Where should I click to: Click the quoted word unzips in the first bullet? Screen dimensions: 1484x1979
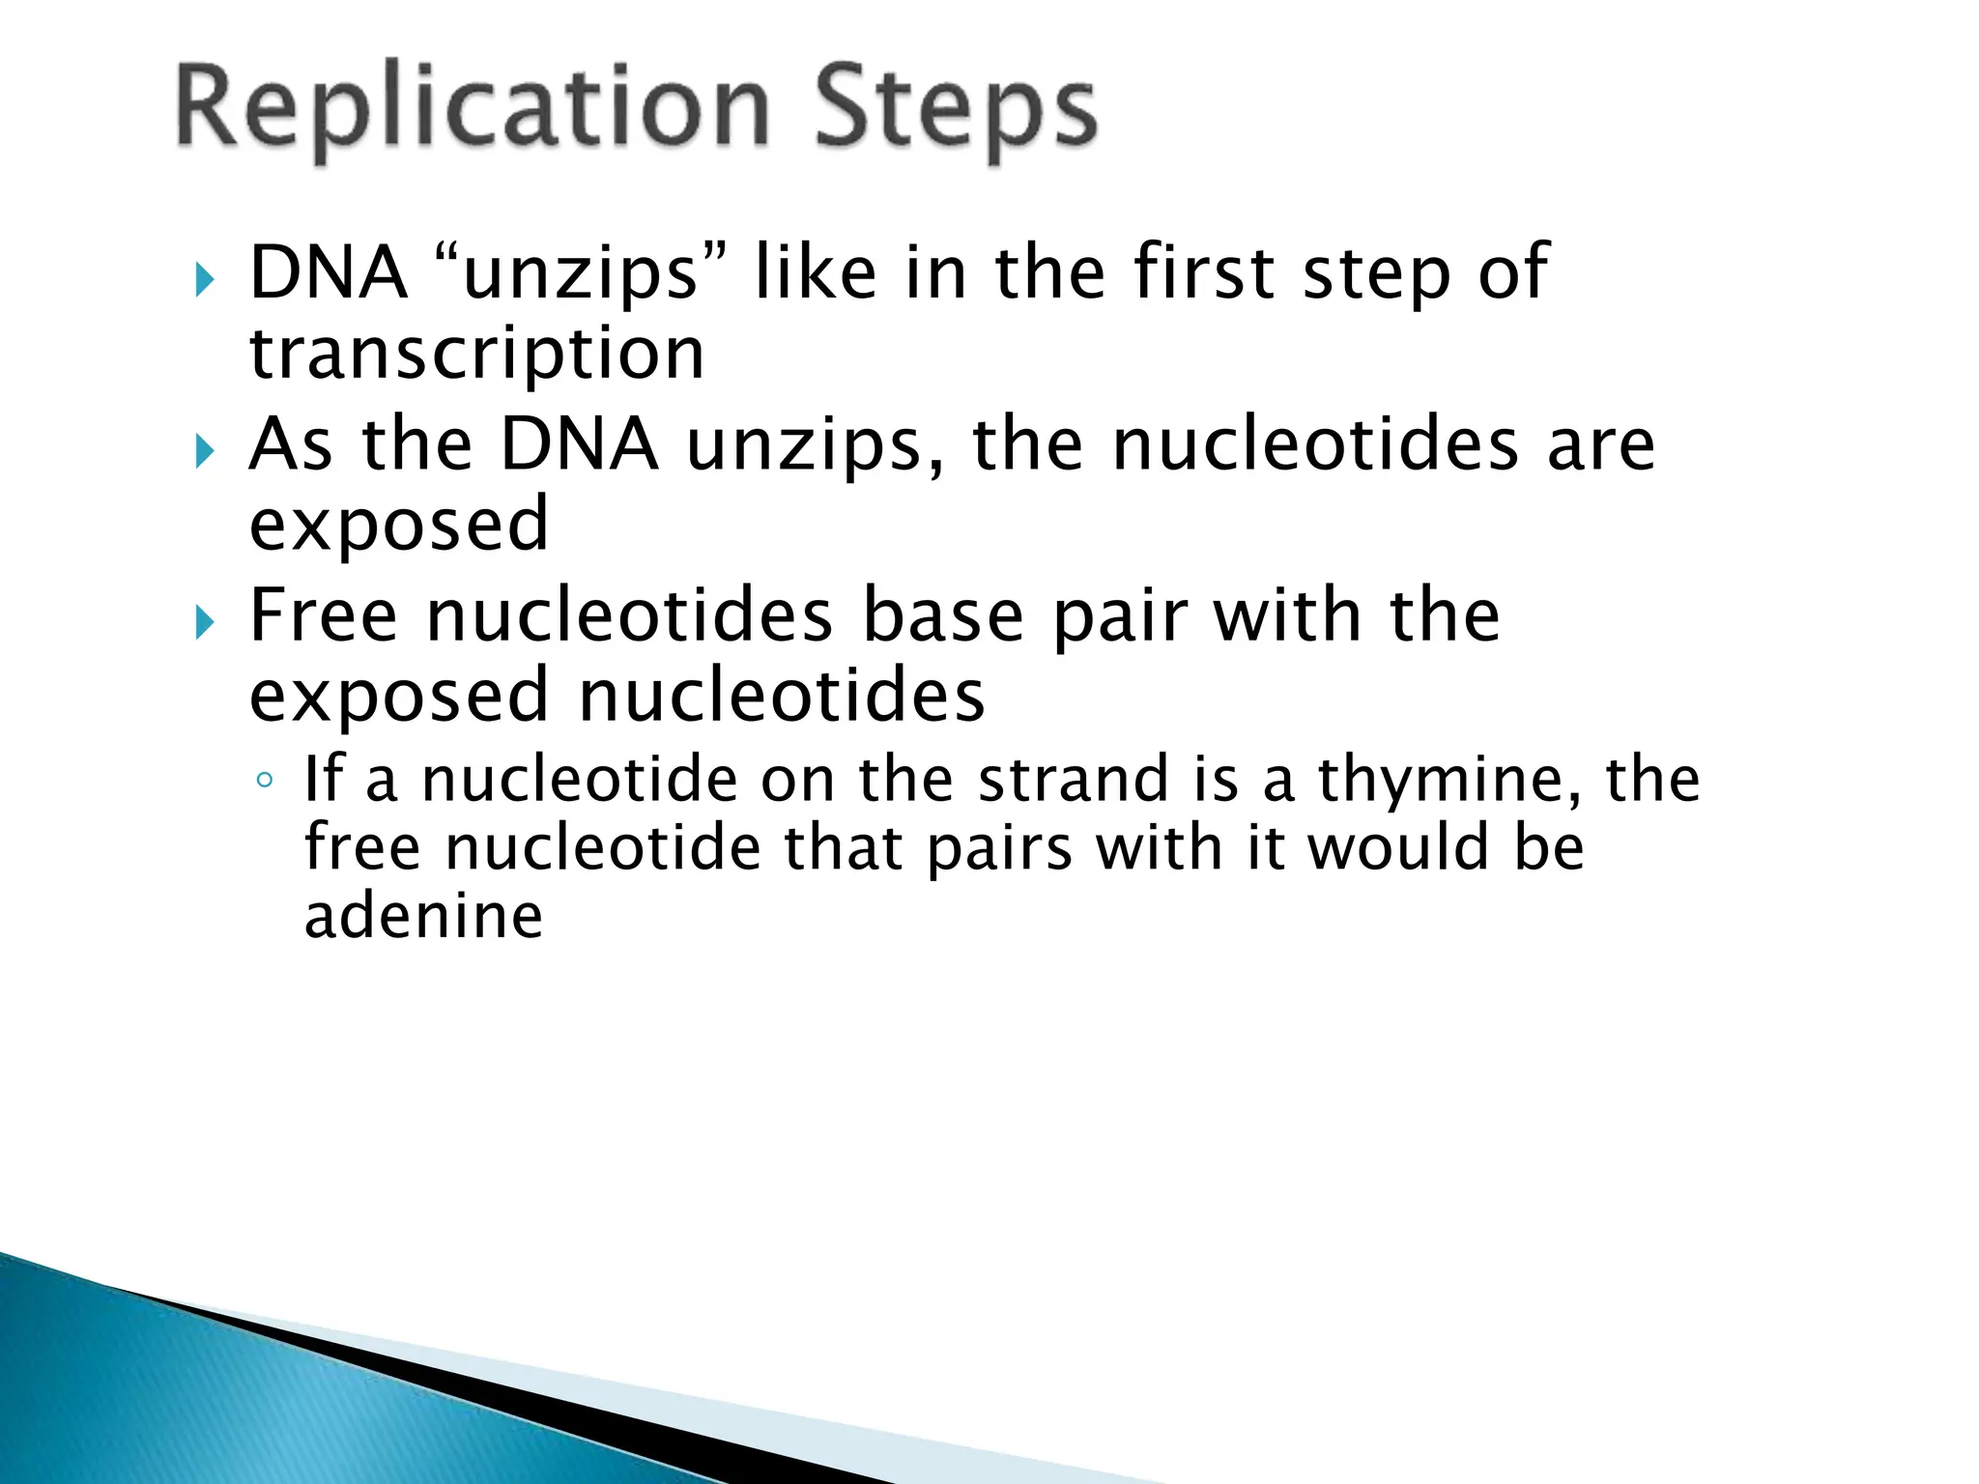tap(580, 274)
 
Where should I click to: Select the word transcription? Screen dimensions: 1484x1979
tap(476, 354)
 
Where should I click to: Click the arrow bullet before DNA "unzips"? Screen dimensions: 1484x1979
tap(204, 280)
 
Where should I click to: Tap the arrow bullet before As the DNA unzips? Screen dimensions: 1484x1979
tap(204, 451)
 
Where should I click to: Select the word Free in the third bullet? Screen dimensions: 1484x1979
tap(323, 615)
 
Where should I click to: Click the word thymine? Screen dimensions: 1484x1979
tap(1450, 781)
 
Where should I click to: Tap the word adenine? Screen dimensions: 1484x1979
tap(423, 916)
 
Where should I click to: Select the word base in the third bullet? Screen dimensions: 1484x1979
tap(942, 615)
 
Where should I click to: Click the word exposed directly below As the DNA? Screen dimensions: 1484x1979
tap(399, 525)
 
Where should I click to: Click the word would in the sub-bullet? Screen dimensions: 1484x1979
tap(1397, 847)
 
